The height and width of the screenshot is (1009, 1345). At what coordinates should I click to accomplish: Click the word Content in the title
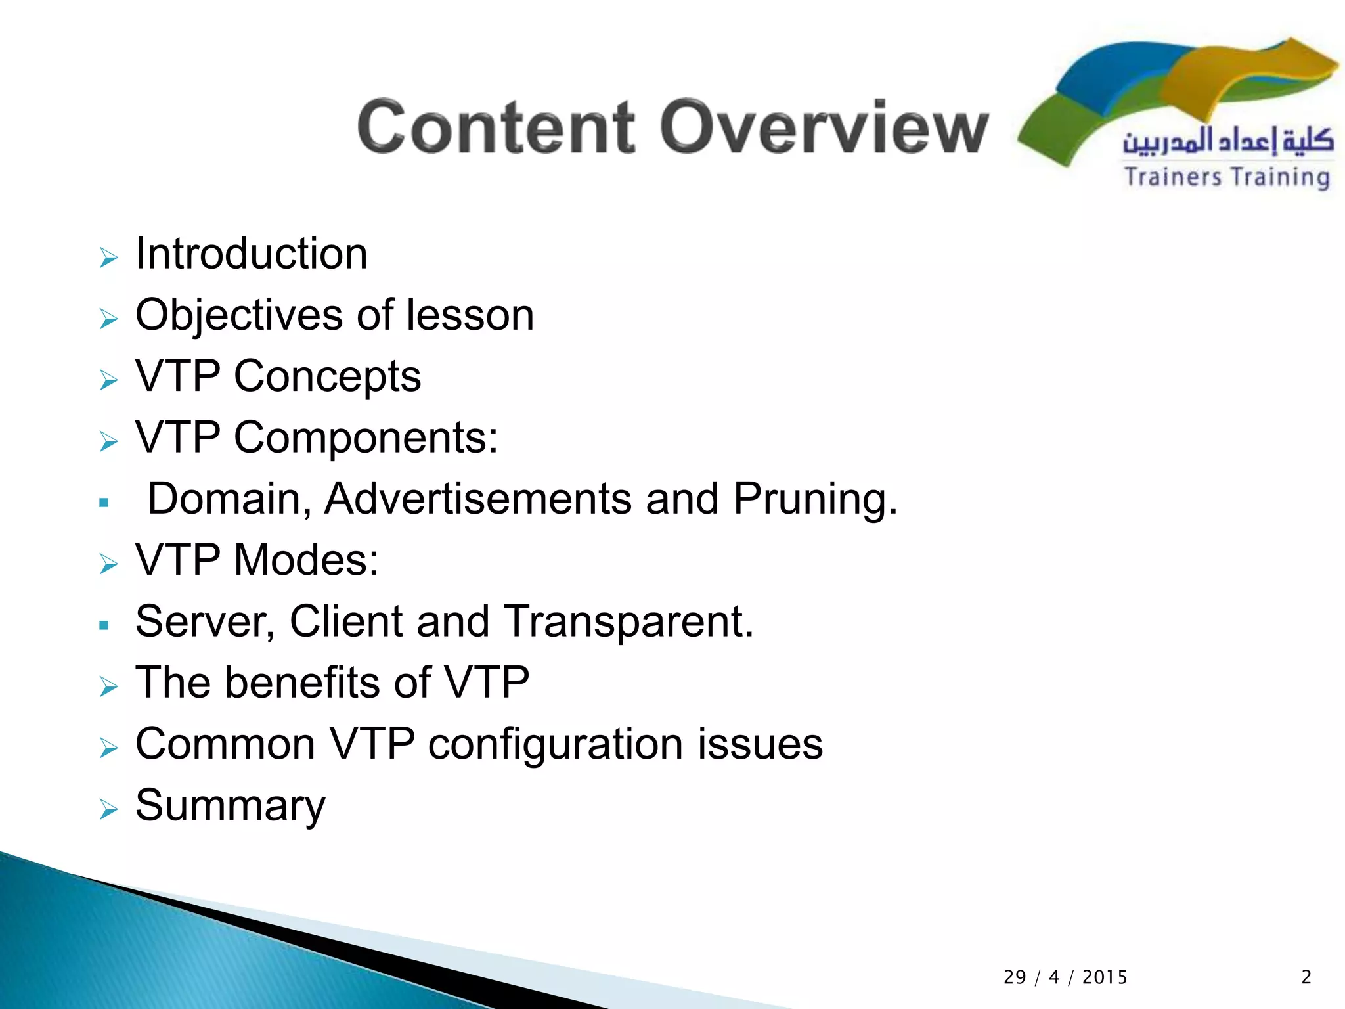coord(496,127)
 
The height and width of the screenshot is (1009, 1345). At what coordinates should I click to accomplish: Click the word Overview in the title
coord(824,127)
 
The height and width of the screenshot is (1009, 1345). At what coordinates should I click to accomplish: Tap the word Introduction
coord(251,254)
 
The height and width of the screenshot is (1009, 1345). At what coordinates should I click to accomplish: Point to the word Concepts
coord(327,376)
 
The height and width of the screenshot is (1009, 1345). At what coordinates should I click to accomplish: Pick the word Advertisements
coord(477,499)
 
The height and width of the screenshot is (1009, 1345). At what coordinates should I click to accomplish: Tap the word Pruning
coord(814,500)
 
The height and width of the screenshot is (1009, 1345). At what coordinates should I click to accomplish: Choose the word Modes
coord(306,560)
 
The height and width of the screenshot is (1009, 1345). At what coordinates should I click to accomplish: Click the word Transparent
coord(628,621)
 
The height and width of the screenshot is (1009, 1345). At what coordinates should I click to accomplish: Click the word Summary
coord(230,806)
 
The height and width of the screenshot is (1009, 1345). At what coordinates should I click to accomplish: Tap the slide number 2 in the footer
coord(1306,977)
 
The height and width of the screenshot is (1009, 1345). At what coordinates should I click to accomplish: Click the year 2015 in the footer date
coord(1105,977)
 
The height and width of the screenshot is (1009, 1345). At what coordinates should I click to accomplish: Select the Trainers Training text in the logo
coord(1227,177)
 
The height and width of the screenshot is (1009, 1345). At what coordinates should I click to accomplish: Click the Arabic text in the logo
coord(1227,141)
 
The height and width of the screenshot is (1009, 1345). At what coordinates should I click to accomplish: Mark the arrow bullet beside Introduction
coord(108,258)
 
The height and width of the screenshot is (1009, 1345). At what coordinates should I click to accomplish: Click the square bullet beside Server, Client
coord(104,625)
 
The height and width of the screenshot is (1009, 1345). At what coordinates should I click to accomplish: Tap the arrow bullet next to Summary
coord(108,809)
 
